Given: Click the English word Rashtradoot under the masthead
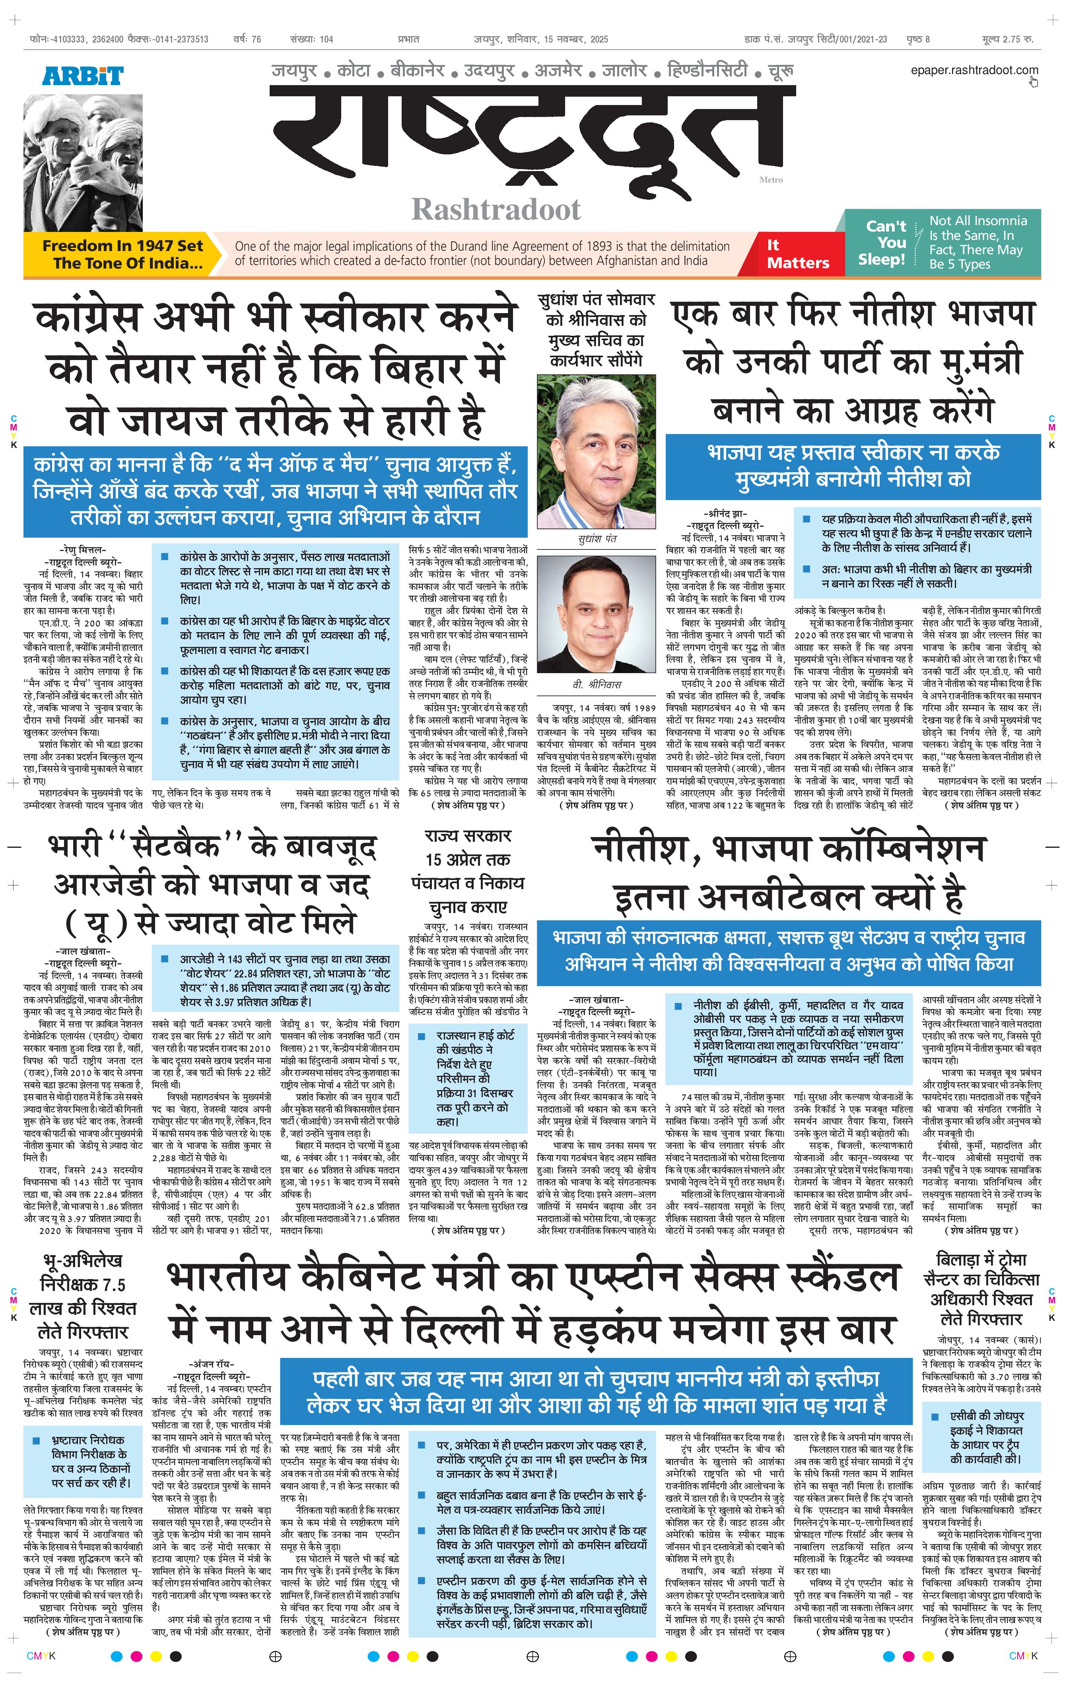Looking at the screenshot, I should click(496, 209).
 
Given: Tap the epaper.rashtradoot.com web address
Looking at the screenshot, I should click(974, 70).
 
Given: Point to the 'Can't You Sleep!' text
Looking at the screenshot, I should click(885, 242).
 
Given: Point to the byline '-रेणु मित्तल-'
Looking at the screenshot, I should click(83, 550).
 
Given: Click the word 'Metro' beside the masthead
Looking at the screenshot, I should click(771, 180).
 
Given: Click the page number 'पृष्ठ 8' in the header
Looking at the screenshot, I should click(917, 39).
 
